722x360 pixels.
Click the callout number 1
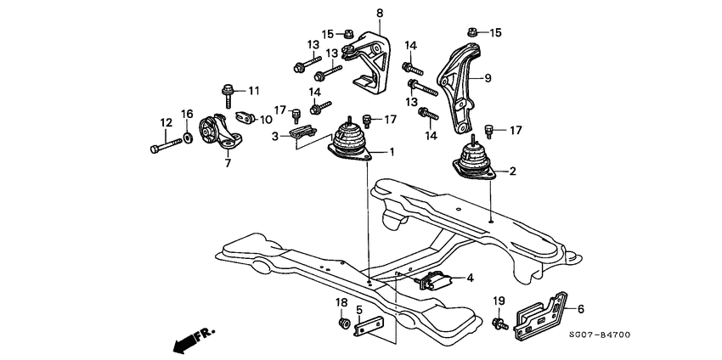coord(392,154)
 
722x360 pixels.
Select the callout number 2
coord(512,172)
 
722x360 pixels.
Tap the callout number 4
coord(470,277)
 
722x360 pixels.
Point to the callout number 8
coord(380,14)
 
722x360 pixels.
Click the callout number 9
coord(488,78)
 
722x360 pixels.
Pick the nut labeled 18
coord(345,323)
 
